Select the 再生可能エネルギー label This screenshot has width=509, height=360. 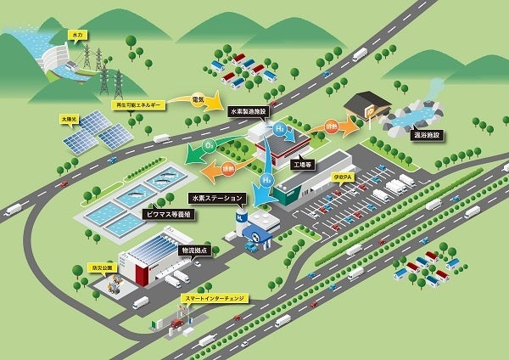point(137,104)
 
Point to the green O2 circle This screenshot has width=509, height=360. point(209,147)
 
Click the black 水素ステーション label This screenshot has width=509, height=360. point(217,198)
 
